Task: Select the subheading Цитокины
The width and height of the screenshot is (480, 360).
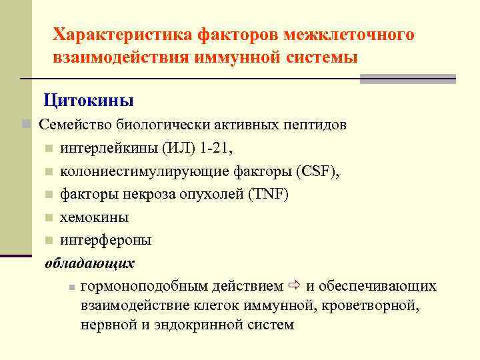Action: (x=89, y=101)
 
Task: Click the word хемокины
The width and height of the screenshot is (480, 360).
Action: (x=94, y=217)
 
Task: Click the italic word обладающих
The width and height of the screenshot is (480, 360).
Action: (x=89, y=263)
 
